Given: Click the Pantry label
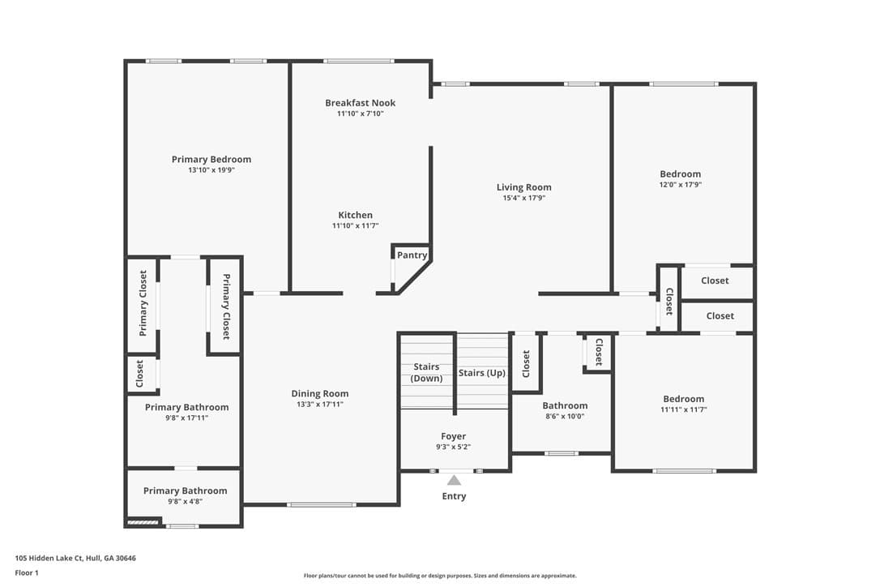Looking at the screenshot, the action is pos(412,255).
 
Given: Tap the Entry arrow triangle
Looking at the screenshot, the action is pos(454,480).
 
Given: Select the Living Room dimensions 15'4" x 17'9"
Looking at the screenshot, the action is pos(523,198).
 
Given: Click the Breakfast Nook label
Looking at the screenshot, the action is pos(361,103).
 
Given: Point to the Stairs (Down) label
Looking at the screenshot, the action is pos(426,372).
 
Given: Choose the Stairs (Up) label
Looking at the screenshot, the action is pos(481,373).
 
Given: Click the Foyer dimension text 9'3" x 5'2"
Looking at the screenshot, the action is pos(454,447).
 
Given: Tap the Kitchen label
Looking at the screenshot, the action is pos(355,215).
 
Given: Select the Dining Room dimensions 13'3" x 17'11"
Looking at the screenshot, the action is pos(320,405).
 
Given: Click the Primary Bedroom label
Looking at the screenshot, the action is pos(211,160).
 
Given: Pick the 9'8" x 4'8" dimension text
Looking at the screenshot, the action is pos(186,502).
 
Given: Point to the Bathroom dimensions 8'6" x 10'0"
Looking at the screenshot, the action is pos(565,416).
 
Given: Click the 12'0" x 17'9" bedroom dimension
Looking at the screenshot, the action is pos(680,185).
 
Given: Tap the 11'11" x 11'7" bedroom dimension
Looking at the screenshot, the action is pos(684,409).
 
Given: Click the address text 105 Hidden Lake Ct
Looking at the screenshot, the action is pos(49,559).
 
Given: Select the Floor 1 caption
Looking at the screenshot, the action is pos(27,573).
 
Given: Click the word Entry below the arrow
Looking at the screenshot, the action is pos(454,496).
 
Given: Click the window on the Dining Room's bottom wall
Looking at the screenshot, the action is pos(322,504).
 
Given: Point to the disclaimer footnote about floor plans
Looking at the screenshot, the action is pos(440,576).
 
